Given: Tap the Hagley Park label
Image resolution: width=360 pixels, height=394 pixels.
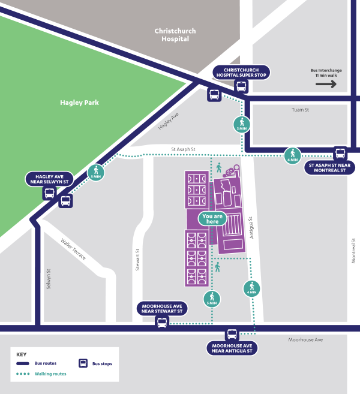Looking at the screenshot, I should [79, 103].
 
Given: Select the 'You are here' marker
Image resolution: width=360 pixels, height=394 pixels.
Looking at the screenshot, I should [213, 219].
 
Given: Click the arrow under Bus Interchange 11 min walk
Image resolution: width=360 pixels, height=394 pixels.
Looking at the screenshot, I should [326, 84].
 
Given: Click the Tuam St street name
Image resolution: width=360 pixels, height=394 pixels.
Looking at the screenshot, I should [299, 110].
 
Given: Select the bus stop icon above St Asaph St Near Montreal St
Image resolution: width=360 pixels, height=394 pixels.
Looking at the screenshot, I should [340, 153].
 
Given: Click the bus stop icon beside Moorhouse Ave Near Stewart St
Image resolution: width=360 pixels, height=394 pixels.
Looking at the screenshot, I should [162, 323].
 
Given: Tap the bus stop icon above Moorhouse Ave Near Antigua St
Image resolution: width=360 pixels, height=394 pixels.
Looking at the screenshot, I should [232, 334].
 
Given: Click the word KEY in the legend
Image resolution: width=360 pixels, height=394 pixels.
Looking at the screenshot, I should [22, 354].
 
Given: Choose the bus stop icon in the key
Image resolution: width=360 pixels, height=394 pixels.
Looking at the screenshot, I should [83, 363].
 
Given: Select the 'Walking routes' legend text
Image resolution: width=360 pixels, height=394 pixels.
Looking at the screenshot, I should [50, 374].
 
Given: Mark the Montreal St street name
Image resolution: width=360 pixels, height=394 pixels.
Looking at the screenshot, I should [353, 248].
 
